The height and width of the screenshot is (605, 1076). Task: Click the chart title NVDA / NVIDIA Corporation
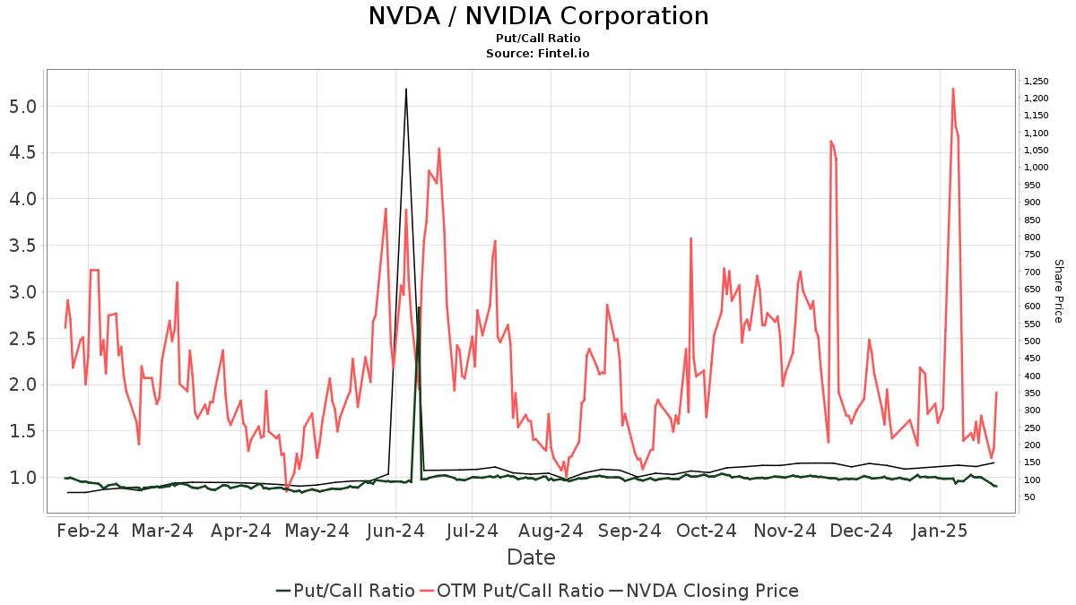(x=538, y=16)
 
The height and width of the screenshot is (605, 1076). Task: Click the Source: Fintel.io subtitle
(x=538, y=53)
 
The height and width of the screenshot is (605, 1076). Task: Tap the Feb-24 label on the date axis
(x=87, y=531)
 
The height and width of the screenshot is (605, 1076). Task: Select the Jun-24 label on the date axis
(x=396, y=531)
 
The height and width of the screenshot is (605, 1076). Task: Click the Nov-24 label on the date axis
(x=785, y=531)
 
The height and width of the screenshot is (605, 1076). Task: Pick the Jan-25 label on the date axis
(x=940, y=531)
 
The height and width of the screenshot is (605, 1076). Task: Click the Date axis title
(x=531, y=557)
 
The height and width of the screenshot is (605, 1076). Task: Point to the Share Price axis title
(x=1058, y=290)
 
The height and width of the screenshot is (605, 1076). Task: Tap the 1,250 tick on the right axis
(x=1036, y=81)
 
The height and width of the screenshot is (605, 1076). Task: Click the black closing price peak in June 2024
(x=406, y=89)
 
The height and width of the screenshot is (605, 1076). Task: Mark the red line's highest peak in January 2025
(x=952, y=88)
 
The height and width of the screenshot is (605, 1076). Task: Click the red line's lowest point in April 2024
(x=287, y=490)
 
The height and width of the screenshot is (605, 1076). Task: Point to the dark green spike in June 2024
(x=418, y=307)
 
